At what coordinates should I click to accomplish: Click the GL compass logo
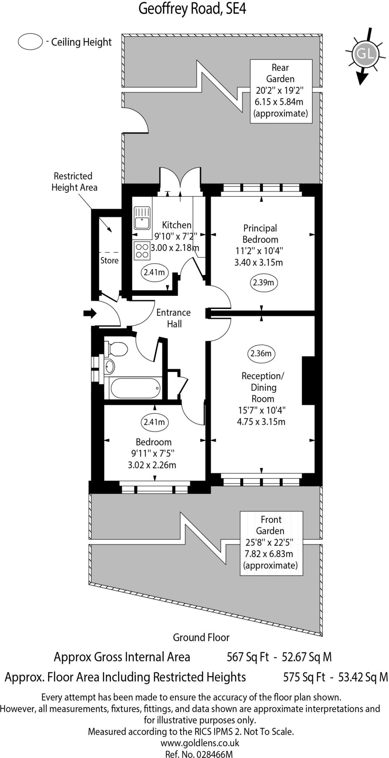coord(365,54)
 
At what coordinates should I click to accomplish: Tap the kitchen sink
coord(142,219)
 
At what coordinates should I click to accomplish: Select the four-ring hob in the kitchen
coord(142,250)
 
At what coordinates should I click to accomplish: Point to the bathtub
coord(134,388)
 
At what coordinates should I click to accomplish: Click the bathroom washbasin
coord(109,366)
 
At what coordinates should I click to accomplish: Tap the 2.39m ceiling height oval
coord(263,283)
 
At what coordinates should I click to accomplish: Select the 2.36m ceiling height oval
coord(261,353)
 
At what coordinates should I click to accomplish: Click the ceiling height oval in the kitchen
coord(154,272)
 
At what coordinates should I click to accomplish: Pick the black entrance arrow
coord(90,313)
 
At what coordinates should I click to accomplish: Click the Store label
coord(110,261)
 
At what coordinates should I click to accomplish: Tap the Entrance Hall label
coord(174,318)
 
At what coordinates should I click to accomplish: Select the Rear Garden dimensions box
coord(281,91)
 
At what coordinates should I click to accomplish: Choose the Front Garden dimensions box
coord(271,543)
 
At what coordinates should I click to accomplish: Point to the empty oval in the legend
coord(30,42)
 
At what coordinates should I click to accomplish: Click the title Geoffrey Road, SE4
coord(192,9)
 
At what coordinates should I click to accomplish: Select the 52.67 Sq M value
coord(306,657)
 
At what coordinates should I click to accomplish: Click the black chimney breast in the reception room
coord(308,380)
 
